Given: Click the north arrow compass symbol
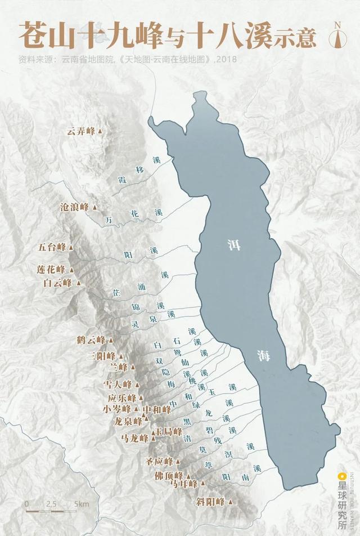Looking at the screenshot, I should [x=339, y=35].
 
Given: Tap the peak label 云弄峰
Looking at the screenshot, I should [x=81, y=131].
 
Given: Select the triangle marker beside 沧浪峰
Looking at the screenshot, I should [x=94, y=207].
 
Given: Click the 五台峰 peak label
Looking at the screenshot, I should [x=52, y=247].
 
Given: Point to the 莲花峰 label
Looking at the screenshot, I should [x=51, y=269].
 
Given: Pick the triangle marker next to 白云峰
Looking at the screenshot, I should [x=79, y=283].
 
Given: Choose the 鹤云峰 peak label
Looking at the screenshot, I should [x=91, y=340].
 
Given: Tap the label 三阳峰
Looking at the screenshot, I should [x=101, y=356].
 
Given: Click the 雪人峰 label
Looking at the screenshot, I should [x=118, y=384].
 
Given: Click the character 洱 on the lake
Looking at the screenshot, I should [x=233, y=245].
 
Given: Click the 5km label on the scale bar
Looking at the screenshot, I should [x=82, y=503].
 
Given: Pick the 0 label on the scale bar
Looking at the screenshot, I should [x=26, y=503].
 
